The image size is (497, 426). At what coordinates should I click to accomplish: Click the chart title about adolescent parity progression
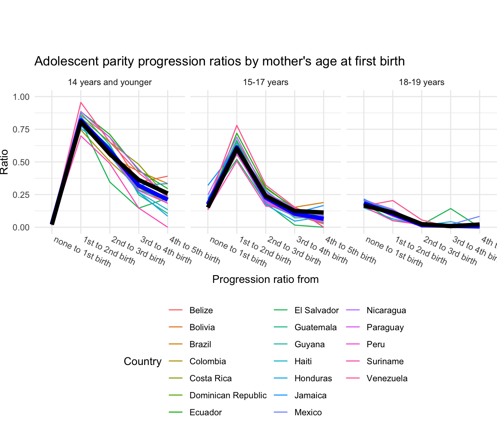219,61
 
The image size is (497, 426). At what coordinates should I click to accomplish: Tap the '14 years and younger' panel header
109,82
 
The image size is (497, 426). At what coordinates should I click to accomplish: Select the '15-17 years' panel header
266,82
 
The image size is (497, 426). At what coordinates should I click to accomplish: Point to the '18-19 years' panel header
422,82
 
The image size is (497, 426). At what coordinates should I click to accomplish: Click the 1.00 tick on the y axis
21,97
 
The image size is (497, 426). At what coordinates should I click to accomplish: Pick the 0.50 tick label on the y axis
21,162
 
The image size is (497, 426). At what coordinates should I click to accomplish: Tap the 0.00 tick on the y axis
21,227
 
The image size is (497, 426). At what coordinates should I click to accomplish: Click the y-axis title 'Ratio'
4,162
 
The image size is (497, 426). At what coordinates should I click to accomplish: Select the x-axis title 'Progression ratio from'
266,279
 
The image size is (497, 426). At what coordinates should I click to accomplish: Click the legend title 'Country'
142,361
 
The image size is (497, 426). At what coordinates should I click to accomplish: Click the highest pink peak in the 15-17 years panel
237,125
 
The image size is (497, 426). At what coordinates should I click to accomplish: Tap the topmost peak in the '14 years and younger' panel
81,102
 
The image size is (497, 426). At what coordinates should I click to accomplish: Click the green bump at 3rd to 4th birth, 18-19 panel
451,209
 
